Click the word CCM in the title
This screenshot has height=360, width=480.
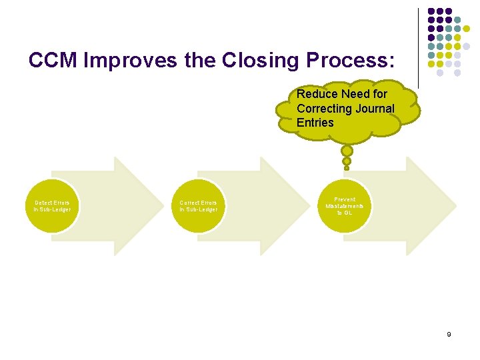[x=55, y=61]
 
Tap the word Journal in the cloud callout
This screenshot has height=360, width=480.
[x=375, y=109]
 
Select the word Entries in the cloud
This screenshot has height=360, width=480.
[x=315, y=123]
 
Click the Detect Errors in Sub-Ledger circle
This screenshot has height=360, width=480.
[x=52, y=206]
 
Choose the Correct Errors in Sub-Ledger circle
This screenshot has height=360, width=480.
[x=198, y=206]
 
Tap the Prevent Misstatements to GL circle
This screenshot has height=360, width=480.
[x=345, y=206]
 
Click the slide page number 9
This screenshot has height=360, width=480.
[x=449, y=334]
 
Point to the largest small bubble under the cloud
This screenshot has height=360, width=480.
[x=347, y=151]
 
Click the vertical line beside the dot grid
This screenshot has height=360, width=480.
[x=418, y=47]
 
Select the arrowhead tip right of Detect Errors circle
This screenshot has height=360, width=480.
[x=163, y=206]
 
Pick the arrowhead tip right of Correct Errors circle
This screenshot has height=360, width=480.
[x=309, y=206]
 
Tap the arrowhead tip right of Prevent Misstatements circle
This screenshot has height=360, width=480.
[x=457, y=206]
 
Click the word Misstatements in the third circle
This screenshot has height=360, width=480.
[x=345, y=206]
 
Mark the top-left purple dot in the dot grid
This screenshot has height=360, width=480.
[x=431, y=11]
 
